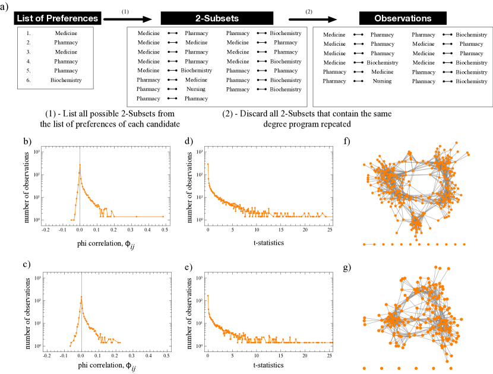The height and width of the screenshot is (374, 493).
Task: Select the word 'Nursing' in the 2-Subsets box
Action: click(196, 89)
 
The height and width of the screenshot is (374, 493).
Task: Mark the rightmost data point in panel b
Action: click(163, 216)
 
